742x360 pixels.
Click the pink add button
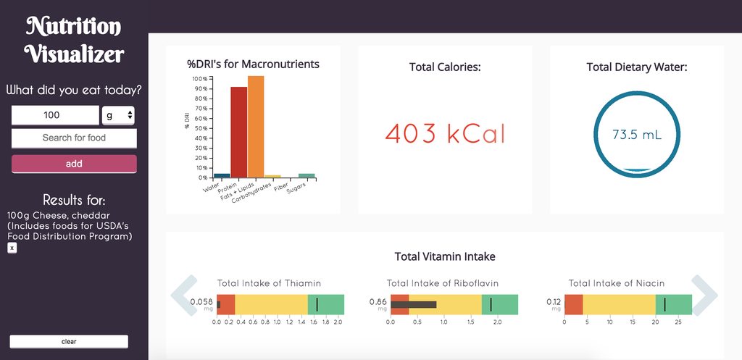point(74,164)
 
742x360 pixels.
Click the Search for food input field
point(74,138)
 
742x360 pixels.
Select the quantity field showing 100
point(55,115)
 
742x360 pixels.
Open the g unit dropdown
point(119,115)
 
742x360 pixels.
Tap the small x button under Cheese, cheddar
point(12,248)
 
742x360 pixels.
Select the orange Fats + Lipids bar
point(256,127)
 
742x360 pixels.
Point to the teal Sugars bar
point(307,175)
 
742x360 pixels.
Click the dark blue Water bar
point(222,175)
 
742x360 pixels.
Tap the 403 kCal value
point(444,134)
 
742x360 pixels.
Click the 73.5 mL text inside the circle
point(636,135)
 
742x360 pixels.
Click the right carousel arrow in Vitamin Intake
point(704,295)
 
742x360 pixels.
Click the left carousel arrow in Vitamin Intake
point(183,295)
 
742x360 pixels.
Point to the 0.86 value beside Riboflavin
point(378,301)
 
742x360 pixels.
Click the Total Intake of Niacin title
point(616,283)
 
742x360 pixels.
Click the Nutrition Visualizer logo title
point(74,40)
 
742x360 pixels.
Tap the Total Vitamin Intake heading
point(444,256)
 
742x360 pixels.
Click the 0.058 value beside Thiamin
point(201,301)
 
